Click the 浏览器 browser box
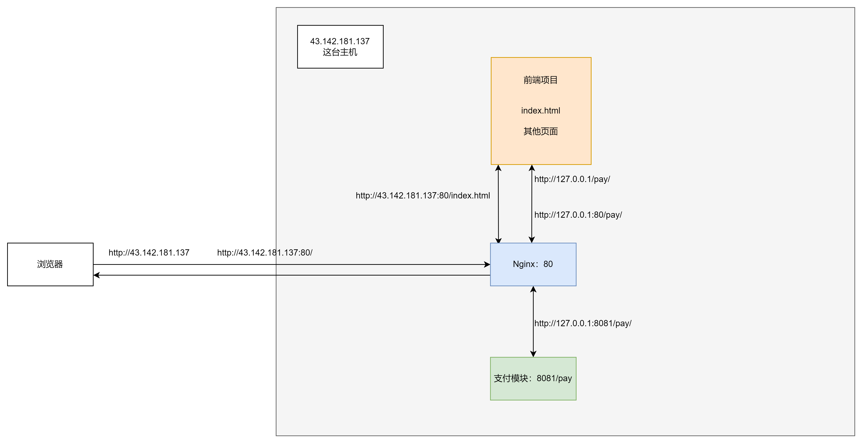(50, 264)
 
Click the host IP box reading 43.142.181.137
(340, 47)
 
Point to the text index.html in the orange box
(540, 110)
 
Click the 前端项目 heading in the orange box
(540, 80)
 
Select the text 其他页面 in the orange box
(540, 131)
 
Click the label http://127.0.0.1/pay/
(572, 179)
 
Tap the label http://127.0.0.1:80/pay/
(578, 215)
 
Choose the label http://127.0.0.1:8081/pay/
(583, 323)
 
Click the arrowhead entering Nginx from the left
(487, 264)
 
